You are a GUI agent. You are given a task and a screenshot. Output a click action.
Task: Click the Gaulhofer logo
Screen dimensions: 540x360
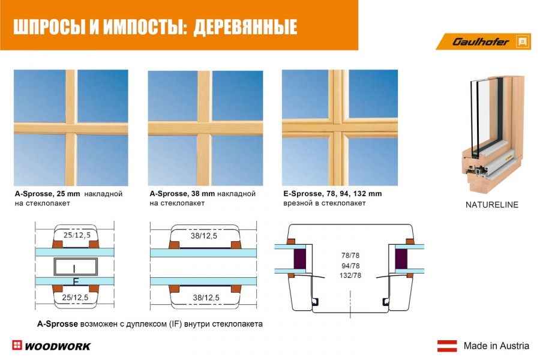[x=484, y=41]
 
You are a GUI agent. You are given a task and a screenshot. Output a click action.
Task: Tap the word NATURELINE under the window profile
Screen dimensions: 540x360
[x=492, y=205]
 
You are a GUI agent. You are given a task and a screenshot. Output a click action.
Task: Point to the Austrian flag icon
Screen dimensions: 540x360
[x=447, y=346]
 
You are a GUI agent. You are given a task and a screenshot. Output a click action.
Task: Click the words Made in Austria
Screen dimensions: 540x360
[x=496, y=346]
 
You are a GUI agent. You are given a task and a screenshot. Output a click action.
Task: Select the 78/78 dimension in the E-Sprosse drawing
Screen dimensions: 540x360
[x=350, y=255]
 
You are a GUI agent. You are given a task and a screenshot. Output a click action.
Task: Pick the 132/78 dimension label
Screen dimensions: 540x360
[x=350, y=275]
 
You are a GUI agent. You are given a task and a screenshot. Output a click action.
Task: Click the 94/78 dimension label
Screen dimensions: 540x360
[x=350, y=266]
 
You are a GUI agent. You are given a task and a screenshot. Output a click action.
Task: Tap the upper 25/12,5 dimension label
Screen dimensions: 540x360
[x=77, y=235]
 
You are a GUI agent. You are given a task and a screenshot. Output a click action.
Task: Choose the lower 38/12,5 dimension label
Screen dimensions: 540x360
[x=206, y=298]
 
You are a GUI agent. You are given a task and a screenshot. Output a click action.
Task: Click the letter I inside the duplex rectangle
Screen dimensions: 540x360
[x=74, y=268]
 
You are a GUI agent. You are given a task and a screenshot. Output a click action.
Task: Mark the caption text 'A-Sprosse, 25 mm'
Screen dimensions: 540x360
[x=47, y=194]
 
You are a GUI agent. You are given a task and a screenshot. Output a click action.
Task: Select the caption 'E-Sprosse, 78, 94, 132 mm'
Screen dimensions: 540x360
[x=332, y=194]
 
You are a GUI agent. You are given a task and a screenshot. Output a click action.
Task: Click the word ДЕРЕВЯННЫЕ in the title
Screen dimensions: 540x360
[x=245, y=27]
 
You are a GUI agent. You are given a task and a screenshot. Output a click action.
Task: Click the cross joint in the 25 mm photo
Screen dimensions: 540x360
[x=71, y=128]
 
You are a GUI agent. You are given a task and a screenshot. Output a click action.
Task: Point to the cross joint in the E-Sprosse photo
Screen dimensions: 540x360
[x=338, y=128]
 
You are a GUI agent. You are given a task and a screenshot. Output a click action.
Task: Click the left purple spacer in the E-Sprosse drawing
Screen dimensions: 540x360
[x=300, y=259]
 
